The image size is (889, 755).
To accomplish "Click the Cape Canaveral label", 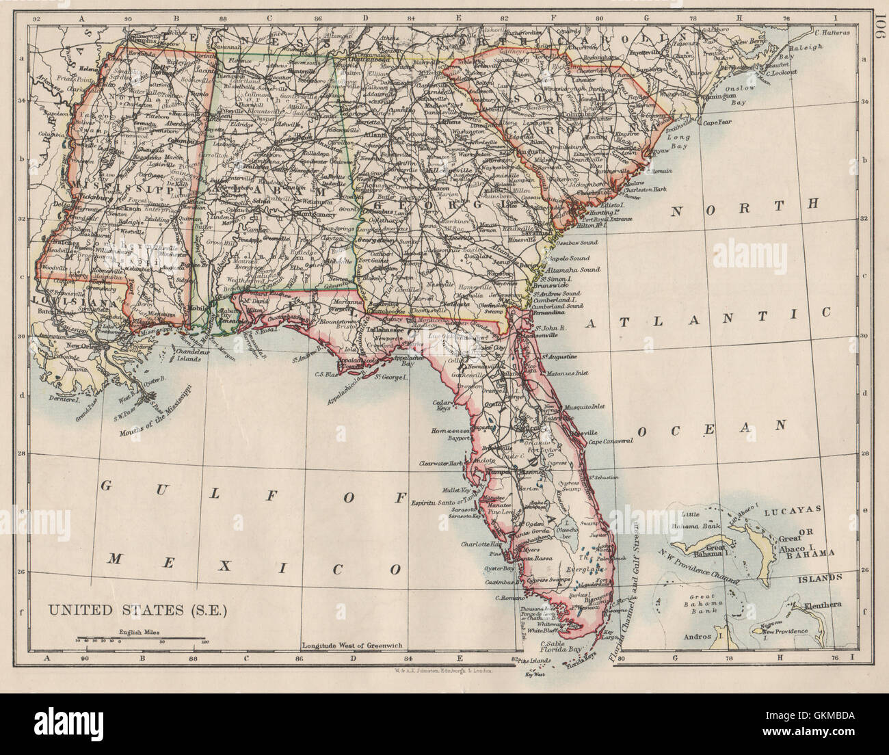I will click(x=607, y=440).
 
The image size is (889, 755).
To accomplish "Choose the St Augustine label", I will click(x=561, y=357).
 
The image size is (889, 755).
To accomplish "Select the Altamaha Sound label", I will click(x=573, y=270).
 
